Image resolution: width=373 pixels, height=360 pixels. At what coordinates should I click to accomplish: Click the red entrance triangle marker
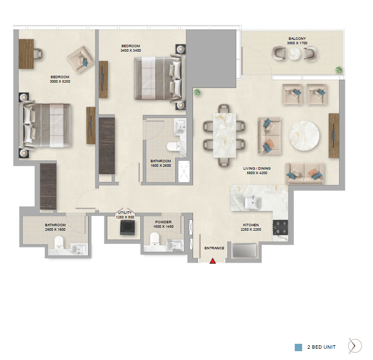coord(213,261)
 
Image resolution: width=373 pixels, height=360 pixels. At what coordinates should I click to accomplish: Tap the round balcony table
coord(294,54)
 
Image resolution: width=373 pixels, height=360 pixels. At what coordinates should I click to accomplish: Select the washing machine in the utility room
coord(127,228)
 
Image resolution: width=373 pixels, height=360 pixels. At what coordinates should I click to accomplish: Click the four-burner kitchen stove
coord(280,228)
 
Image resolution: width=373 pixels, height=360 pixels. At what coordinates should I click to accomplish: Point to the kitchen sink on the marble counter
coord(253,203)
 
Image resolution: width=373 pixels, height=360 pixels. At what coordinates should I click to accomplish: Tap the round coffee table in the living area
coord(304,136)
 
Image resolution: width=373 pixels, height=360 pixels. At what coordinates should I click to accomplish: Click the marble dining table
coord(224,135)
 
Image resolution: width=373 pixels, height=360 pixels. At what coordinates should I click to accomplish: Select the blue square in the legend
coord(298,347)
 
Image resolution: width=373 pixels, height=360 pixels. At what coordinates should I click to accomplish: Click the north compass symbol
coord(355,346)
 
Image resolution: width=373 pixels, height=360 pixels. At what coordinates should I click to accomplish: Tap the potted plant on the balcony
coord(339,70)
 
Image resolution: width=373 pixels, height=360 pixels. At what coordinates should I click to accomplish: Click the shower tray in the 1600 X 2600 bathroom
coord(184,171)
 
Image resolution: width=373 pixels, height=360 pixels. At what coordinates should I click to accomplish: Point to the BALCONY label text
coord(297,38)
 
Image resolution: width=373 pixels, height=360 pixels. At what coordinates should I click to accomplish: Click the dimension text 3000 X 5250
coord(60,81)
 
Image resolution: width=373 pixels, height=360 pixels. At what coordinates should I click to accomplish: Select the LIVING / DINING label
coord(257,168)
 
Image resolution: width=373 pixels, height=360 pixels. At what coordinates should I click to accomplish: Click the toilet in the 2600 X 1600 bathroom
coord(59,242)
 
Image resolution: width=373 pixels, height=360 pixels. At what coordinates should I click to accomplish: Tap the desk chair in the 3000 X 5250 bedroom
coord(38,54)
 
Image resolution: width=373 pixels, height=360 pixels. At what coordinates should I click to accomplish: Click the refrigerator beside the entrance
coord(244,250)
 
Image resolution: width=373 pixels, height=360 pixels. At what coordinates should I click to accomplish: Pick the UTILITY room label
coord(125,212)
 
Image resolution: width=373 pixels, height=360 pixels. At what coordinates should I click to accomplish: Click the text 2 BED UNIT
coord(321,347)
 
